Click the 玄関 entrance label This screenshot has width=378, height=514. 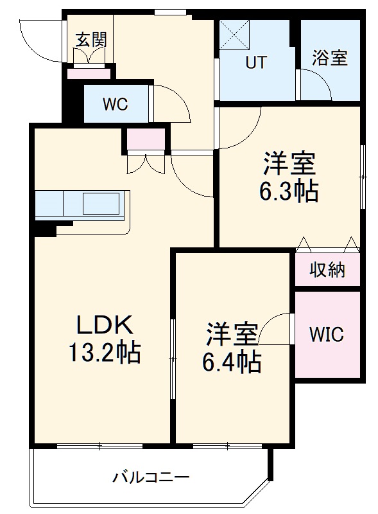point(91,39)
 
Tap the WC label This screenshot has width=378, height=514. point(116,104)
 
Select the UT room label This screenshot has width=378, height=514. point(256,62)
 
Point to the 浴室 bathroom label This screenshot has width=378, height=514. point(330,58)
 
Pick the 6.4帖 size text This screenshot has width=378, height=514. point(232,364)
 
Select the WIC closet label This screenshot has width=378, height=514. point(327,335)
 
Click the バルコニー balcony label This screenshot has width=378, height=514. point(151,478)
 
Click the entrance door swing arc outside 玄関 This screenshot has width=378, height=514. point(39,39)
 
